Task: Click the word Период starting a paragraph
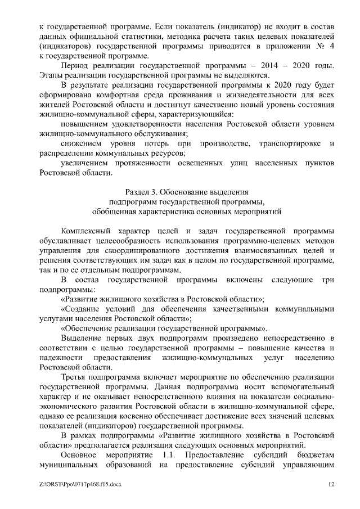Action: (75, 66)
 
